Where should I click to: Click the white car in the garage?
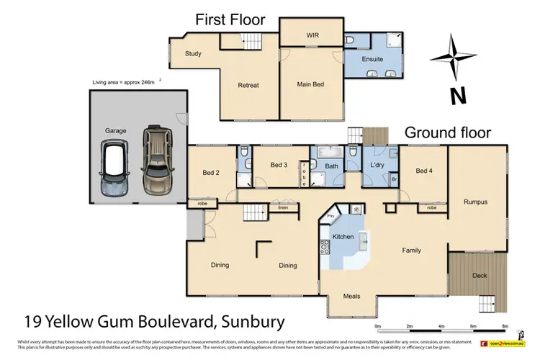click(x=115, y=168)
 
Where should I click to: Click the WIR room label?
click(x=312, y=34)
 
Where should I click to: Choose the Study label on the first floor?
click(x=192, y=53)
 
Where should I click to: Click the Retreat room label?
click(x=248, y=85)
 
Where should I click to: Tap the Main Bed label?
click(x=310, y=84)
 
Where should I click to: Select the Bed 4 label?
click(x=424, y=171)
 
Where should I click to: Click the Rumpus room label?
click(x=476, y=202)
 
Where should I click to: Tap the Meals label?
click(x=352, y=296)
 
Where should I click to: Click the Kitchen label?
click(x=342, y=237)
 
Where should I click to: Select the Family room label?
click(x=411, y=251)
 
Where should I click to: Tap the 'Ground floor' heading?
click(x=448, y=132)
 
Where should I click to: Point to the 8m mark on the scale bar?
click(x=505, y=326)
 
